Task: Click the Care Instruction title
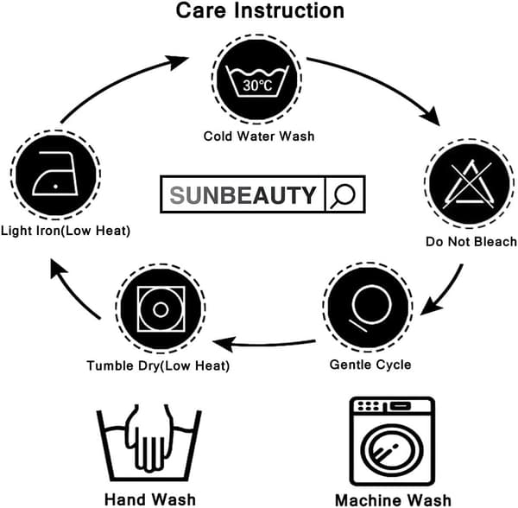[x=260, y=10]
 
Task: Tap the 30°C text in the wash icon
[x=257, y=86]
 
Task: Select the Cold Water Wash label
[x=259, y=137]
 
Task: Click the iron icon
[x=55, y=174]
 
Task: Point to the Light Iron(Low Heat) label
[x=66, y=231]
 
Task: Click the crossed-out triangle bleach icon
[x=468, y=184]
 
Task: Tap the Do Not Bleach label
[x=471, y=242]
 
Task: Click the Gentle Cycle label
[x=370, y=365]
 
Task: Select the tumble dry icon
[x=161, y=309]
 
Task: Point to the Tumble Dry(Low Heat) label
[x=158, y=365]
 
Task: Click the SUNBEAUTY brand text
[x=243, y=195]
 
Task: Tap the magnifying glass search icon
[x=344, y=195]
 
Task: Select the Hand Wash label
[x=150, y=498]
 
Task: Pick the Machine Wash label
[x=393, y=499]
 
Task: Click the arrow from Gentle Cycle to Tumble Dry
[x=264, y=345]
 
